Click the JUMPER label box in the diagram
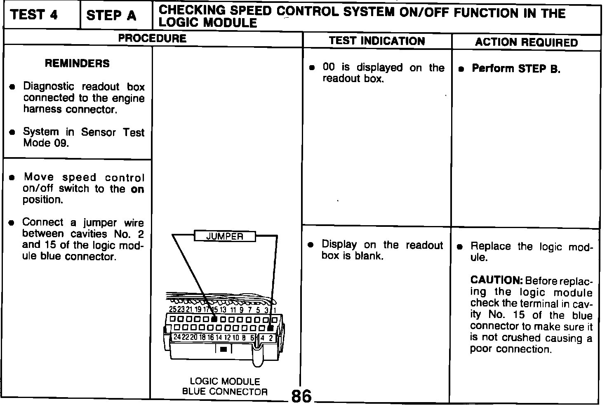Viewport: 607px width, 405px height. [x=225, y=236]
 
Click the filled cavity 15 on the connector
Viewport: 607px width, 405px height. [x=214, y=319]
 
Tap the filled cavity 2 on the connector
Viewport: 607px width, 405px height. [x=270, y=328]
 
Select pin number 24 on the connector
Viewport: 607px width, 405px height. [x=177, y=337]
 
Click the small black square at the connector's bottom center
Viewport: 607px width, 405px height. [x=224, y=349]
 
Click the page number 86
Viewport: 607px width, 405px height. [x=301, y=396]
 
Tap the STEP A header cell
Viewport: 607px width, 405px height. [x=111, y=16]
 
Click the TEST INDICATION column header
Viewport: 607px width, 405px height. [x=377, y=41]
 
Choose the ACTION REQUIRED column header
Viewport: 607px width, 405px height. [x=526, y=42]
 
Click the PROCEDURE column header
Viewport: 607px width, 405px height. [x=152, y=38]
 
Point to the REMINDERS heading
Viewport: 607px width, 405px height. [x=78, y=63]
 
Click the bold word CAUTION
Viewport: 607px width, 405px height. [x=496, y=280]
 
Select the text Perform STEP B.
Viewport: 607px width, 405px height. [x=516, y=68]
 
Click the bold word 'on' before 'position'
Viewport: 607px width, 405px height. [x=138, y=189]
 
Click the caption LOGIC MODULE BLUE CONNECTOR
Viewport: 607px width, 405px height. [x=225, y=386]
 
